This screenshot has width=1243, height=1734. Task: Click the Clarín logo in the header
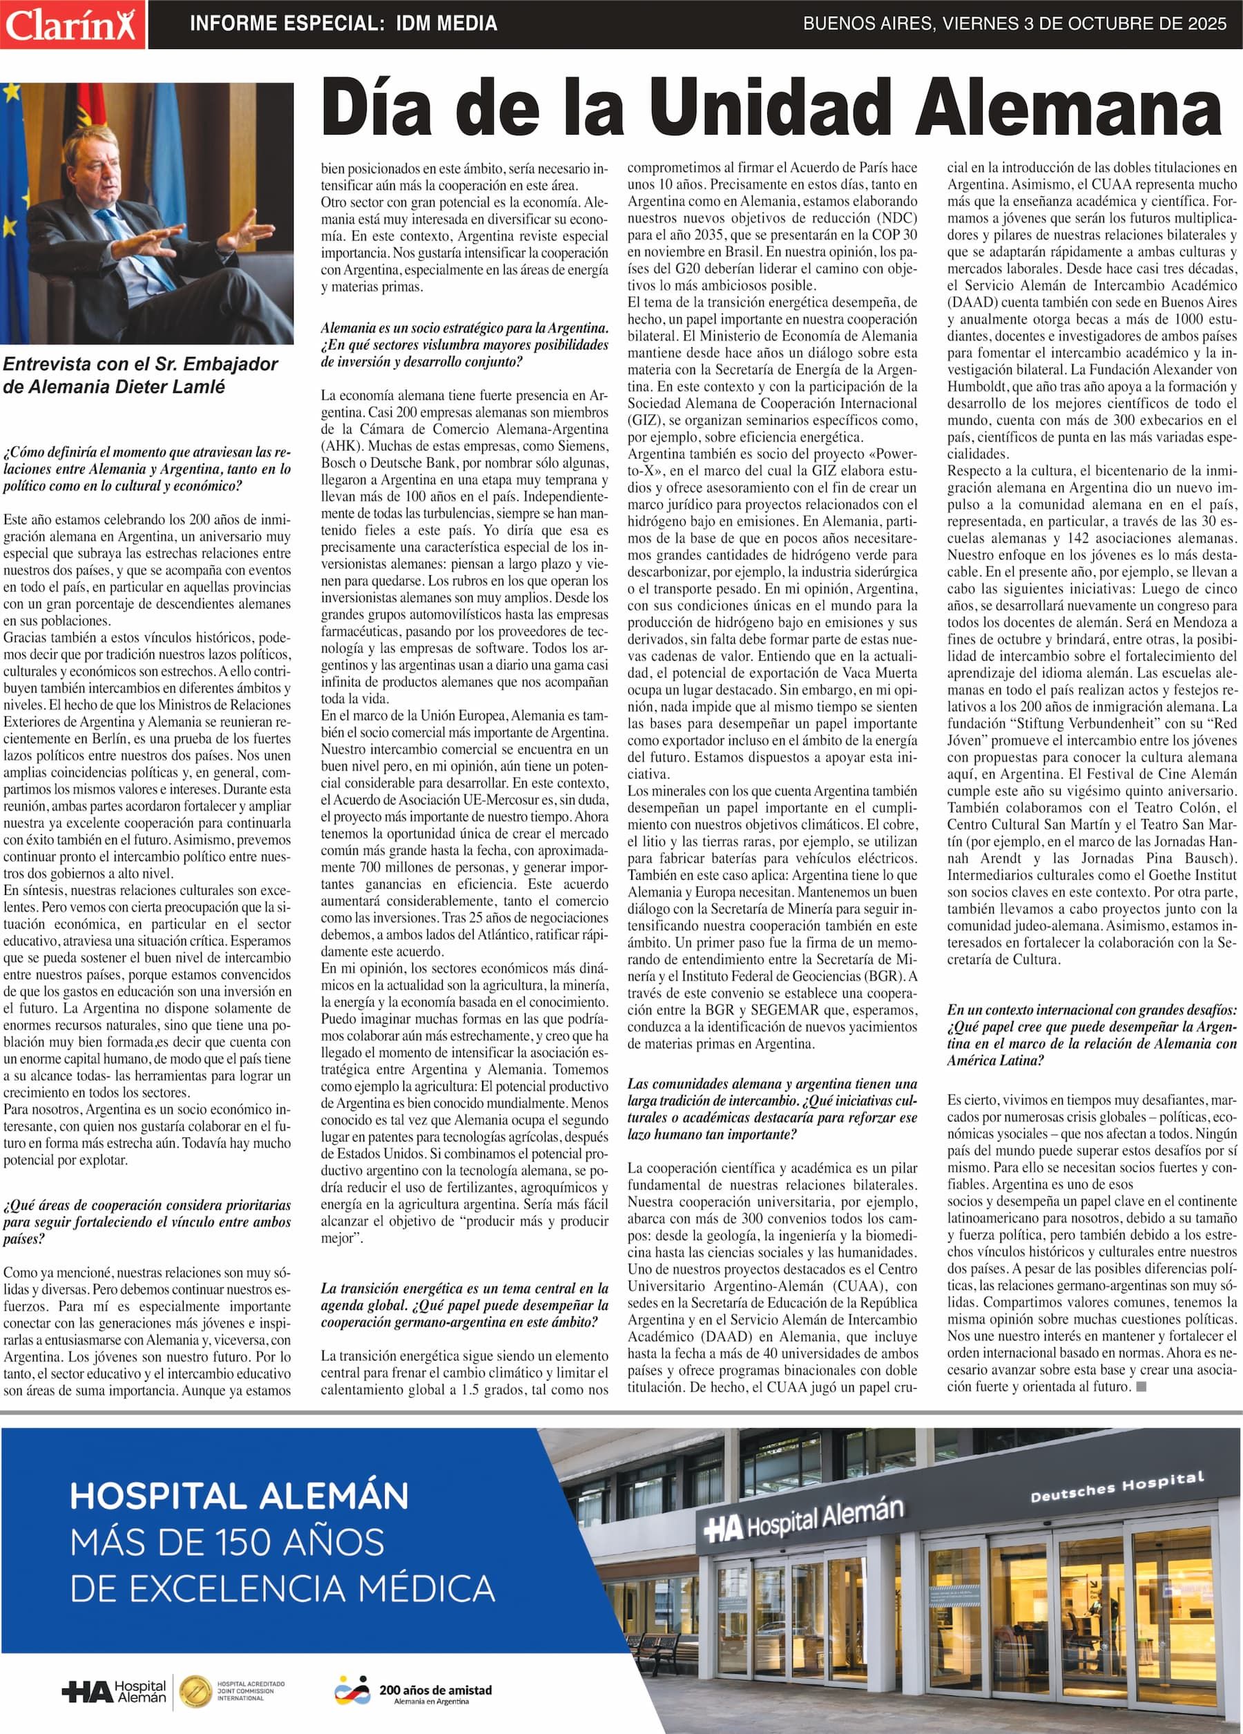[x=73, y=24]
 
